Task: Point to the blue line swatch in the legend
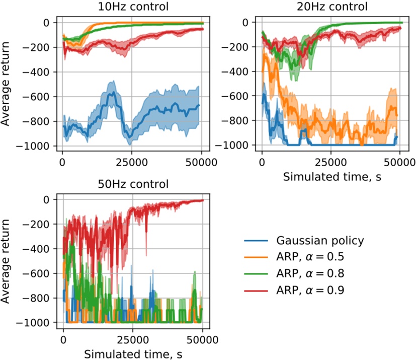pyautogui.click(x=255, y=241)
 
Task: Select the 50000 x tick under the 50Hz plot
pyautogui.click(x=202, y=339)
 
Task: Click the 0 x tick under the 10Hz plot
pyautogui.click(x=62, y=163)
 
